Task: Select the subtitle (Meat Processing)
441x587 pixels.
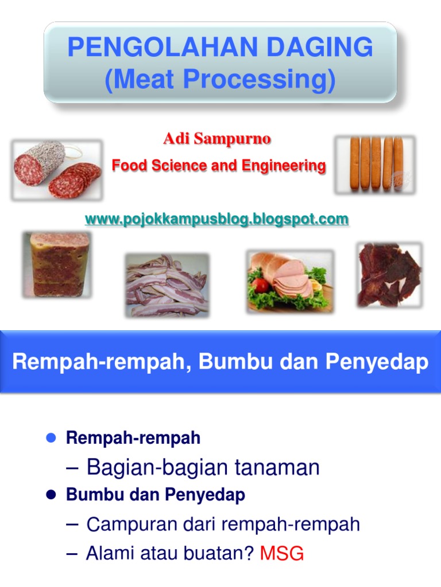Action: coord(220,80)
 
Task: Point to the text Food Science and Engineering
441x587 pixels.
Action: coord(219,166)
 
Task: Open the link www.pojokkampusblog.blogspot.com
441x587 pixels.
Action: coord(216,219)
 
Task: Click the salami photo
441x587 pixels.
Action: coord(57,170)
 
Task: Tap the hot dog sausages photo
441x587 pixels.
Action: coord(375,163)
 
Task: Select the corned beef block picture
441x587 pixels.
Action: coord(56,264)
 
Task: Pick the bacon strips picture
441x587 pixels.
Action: coord(167,285)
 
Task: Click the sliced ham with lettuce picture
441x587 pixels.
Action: coord(290,281)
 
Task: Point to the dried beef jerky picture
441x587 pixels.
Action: coord(389,274)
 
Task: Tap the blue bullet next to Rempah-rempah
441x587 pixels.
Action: coord(50,439)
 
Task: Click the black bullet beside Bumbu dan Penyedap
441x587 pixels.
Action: coord(50,495)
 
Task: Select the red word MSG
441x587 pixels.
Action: coord(281,554)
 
